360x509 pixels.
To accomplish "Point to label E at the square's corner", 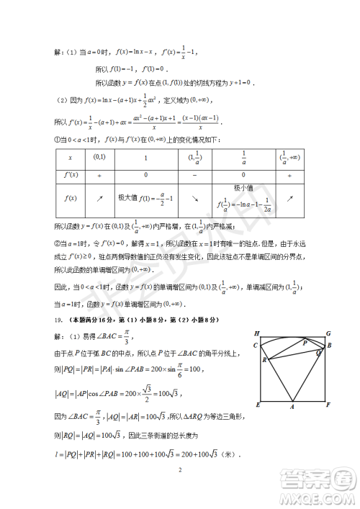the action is pos(257,405).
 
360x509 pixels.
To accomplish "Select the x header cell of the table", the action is pos(70,158).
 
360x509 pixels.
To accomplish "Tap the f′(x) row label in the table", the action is pos(70,175).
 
